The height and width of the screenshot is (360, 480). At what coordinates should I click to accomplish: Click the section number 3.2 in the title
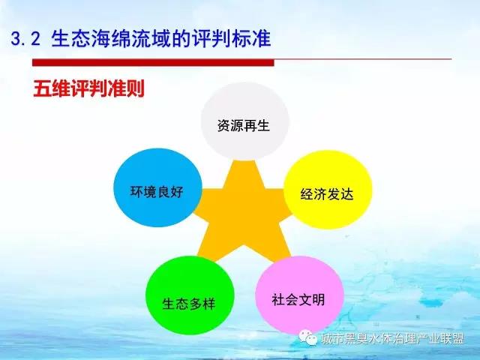pyautogui.click(x=25, y=39)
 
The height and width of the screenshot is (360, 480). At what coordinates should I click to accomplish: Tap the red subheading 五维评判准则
pyautogui.click(x=88, y=89)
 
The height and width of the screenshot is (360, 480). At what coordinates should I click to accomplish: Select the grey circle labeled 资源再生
pyautogui.click(x=245, y=121)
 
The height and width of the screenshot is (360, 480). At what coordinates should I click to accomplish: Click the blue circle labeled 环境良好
pyautogui.click(x=158, y=187)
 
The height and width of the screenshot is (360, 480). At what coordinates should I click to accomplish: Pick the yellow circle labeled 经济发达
pyautogui.click(x=328, y=190)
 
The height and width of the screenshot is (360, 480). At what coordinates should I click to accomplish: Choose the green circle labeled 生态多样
pyautogui.click(x=190, y=295)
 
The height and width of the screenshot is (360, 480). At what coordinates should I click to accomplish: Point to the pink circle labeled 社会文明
pyautogui.click(x=300, y=295)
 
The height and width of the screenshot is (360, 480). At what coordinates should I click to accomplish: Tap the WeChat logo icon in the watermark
pyautogui.click(x=308, y=337)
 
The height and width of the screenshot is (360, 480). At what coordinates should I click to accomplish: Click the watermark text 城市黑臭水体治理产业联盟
pyautogui.click(x=392, y=338)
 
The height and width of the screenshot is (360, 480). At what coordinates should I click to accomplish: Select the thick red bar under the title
pyautogui.click(x=153, y=63)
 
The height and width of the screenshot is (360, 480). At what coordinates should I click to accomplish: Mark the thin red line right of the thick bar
pyautogui.click(x=363, y=59)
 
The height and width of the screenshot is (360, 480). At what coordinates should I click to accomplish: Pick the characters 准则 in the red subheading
pyautogui.click(x=126, y=89)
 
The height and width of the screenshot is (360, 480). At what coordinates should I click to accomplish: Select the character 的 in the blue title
pyautogui.click(x=182, y=39)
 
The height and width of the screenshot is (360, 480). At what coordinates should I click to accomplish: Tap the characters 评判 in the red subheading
pyautogui.click(x=88, y=89)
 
